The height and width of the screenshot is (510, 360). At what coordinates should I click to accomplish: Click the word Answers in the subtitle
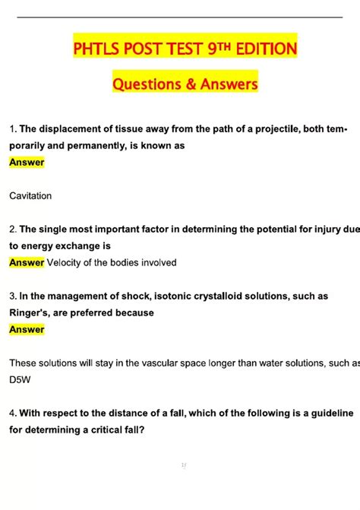click(229, 84)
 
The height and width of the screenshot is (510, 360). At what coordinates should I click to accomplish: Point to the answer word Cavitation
click(30, 196)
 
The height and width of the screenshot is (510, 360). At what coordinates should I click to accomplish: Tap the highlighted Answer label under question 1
click(27, 162)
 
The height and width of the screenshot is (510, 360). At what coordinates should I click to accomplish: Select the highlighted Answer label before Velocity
click(27, 263)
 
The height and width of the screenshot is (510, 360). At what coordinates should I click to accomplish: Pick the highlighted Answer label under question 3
click(27, 330)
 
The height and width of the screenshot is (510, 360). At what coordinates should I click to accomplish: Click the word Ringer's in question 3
click(31, 312)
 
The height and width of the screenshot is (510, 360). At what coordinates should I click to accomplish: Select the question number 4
click(12, 413)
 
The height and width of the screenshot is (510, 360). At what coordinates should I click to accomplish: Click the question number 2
click(12, 229)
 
